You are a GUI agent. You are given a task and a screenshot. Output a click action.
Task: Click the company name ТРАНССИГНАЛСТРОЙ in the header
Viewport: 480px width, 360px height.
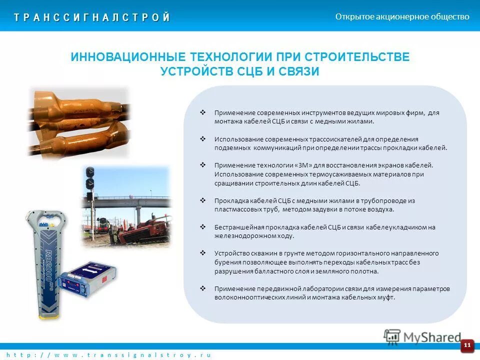click(92, 17)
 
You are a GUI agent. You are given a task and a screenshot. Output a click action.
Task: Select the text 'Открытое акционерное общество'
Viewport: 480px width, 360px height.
click(402, 16)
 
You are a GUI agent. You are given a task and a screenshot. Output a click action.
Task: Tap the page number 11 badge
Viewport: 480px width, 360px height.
click(467, 345)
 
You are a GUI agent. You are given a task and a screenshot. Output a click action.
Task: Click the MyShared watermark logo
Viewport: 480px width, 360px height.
click(422, 336)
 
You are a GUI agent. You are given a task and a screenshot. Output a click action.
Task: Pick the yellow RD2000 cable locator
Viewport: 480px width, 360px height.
click(45, 260)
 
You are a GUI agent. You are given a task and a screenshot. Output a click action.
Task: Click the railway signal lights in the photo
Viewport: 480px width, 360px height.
click(90, 177)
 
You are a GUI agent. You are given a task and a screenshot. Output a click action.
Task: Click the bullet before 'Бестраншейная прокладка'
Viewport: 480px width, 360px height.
click(203, 227)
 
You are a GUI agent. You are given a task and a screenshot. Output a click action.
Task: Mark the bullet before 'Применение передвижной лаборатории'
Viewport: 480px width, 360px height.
click(203, 288)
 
